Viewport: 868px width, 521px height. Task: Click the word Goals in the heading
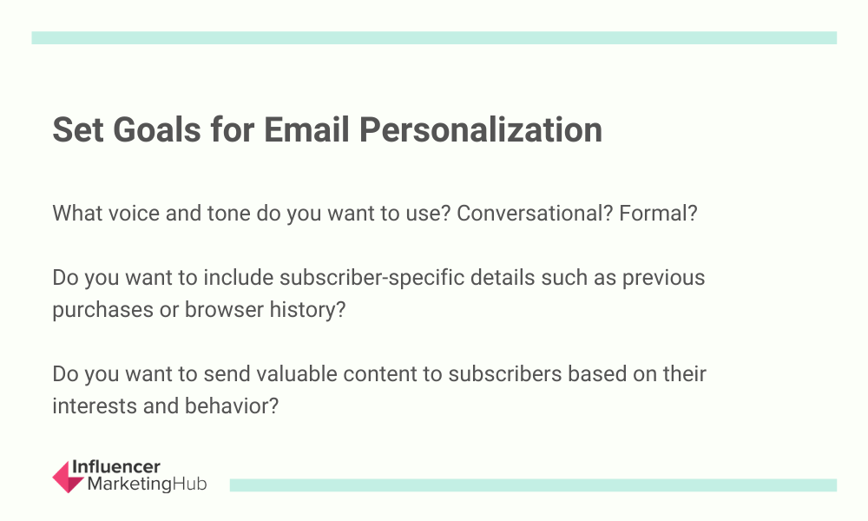[x=156, y=130]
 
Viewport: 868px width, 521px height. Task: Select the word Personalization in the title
[x=481, y=130]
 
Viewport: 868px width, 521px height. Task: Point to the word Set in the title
[x=78, y=130]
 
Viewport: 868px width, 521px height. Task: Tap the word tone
[x=228, y=214]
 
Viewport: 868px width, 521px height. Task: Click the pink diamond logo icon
[x=68, y=477]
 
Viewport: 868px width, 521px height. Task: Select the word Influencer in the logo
[x=116, y=467]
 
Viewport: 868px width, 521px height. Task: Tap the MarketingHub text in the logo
[x=148, y=484]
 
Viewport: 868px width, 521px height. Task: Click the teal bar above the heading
[x=434, y=37]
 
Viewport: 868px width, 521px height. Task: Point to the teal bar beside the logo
[x=533, y=485]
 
